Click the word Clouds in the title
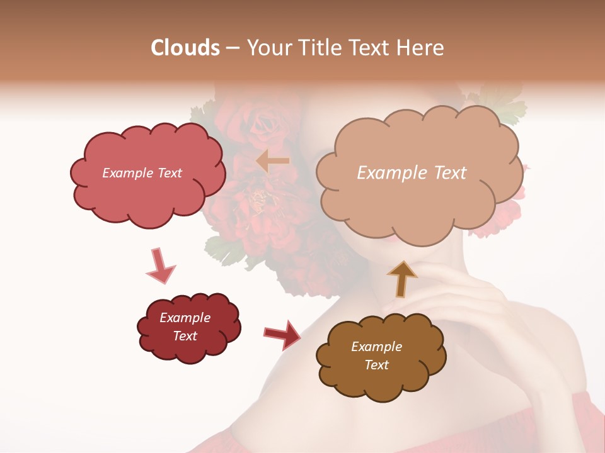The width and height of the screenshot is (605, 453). click(185, 48)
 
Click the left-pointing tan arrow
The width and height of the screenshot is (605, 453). click(273, 161)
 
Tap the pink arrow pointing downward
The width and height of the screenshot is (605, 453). click(159, 267)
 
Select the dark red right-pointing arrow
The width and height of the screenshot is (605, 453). click(282, 334)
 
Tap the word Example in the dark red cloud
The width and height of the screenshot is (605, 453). click(185, 318)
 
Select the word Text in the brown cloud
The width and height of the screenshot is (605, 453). click(376, 365)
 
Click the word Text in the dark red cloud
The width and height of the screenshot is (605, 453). click(185, 336)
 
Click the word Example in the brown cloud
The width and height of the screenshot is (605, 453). click(376, 347)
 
